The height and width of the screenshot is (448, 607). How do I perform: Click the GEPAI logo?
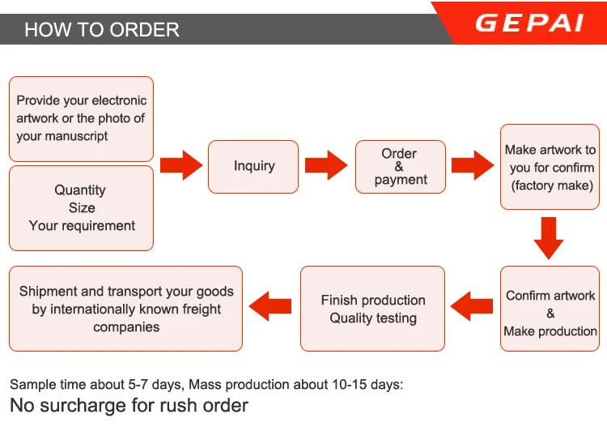tap(529, 23)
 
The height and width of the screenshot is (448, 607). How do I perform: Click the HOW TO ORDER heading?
tap(102, 30)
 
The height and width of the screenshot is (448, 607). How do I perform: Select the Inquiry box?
tap(253, 167)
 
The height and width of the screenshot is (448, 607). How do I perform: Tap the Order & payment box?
tap(401, 167)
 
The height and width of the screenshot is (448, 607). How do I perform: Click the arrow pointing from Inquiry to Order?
tap(326, 165)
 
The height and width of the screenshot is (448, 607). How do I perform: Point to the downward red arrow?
tap(549, 238)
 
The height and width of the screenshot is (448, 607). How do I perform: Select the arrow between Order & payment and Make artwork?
tap(473, 165)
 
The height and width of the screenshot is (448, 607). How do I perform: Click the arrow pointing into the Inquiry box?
tap(181, 165)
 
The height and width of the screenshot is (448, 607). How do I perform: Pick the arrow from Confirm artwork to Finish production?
tap(472, 306)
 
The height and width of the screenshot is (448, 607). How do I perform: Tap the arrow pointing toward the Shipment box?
tap(270, 306)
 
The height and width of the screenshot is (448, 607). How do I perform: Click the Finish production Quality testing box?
tap(372, 309)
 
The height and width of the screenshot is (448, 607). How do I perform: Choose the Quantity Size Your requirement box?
tap(81, 208)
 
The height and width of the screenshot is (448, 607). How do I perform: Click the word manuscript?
tap(82, 136)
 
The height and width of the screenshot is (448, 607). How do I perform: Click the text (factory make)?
tap(552, 186)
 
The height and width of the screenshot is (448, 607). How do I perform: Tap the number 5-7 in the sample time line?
tap(138, 385)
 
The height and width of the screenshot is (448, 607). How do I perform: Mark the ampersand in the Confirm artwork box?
tap(550, 314)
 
